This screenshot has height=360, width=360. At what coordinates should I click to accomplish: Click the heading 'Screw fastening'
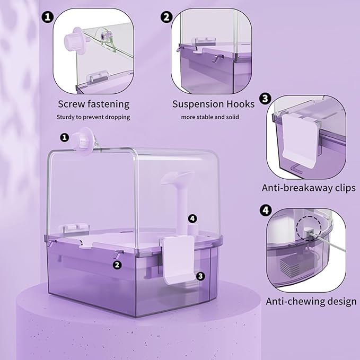pyautogui.click(x=93, y=104)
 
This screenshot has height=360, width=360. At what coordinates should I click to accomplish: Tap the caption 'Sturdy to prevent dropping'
pyautogui.click(x=93, y=117)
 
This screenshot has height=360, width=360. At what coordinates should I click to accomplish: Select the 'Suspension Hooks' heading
pyautogui.click(x=213, y=104)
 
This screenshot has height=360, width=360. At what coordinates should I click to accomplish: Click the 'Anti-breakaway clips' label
pyautogui.click(x=309, y=188)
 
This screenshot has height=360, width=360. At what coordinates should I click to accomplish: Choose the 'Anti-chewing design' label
pyautogui.click(x=311, y=302)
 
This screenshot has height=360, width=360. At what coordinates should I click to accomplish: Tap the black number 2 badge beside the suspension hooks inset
pyautogui.click(x=166, y=17)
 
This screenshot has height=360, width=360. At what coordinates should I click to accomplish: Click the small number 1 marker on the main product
pyautogui.click(x=65, y=137)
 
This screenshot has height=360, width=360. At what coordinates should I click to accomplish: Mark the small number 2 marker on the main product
pyautogui.click(x=118, y=265)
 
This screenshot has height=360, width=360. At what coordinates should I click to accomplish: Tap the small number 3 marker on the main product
pyautogui.click(x=200, y=276)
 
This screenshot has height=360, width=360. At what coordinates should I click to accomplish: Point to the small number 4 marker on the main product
pyautogui.click(x=192, y=218)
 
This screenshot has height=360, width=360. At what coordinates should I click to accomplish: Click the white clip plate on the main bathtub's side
pyautogui.click(x=179, y=257)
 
